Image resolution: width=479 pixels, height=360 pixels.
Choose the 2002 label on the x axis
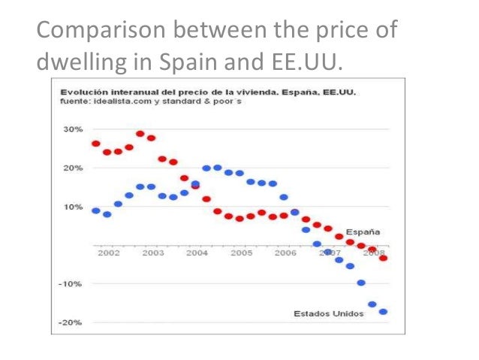[x=109, y=253]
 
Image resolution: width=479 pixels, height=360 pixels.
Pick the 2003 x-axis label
[x=152, y=253]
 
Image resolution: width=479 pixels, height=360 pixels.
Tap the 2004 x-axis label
[x=197, y=253]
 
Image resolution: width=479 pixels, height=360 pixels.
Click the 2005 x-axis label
[x=241, y=253]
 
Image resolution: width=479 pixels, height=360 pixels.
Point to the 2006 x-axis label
[x=285, y=253]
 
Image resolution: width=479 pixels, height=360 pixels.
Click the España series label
[x=363, y=231]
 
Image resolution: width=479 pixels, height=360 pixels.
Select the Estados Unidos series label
[x=328, y=313]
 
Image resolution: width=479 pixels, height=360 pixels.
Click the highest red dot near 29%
[x=140, y=134]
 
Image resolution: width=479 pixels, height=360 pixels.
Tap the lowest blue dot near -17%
[x=384, y=312]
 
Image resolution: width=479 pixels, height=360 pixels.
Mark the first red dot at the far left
[x=96, y=144]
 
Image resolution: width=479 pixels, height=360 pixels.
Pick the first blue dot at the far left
[x=96, y=210]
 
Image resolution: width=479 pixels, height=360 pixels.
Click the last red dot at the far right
[x=384, y=258]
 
